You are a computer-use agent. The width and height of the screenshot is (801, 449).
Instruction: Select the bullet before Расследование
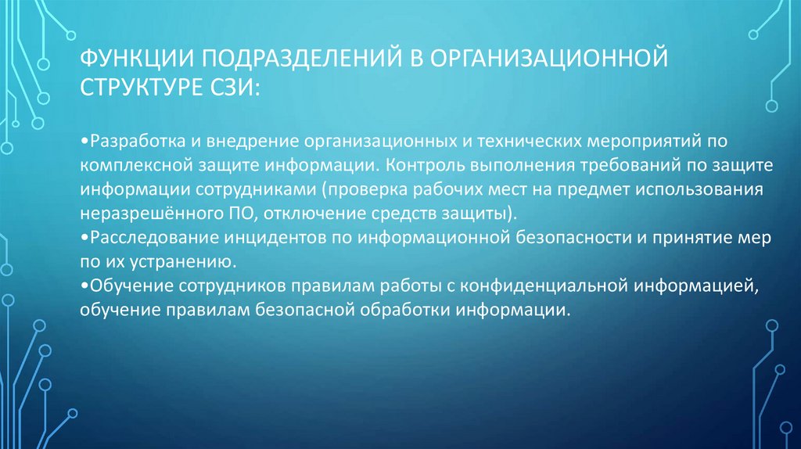pos(84,237)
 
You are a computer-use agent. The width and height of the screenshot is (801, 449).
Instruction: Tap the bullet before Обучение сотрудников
pos(84,286)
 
